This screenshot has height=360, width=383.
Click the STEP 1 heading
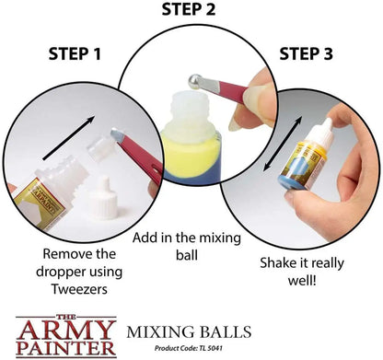coord(75,54)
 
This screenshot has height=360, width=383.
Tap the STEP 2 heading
coord(189,9)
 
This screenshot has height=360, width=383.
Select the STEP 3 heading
coord(306,54)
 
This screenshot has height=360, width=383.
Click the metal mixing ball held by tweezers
coord(195,81)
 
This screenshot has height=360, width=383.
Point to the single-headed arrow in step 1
coord(69,138)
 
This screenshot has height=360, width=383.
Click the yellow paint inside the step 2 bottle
coord(191,155)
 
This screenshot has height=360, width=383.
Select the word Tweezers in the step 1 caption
coord(79,289)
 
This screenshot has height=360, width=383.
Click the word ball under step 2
coord(187,255)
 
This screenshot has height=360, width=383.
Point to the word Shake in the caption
coord(276,263)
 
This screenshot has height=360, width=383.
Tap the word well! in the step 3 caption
coord(302,280)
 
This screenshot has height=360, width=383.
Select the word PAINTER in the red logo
coord(66,348)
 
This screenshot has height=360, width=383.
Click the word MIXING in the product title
coord(160,332)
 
